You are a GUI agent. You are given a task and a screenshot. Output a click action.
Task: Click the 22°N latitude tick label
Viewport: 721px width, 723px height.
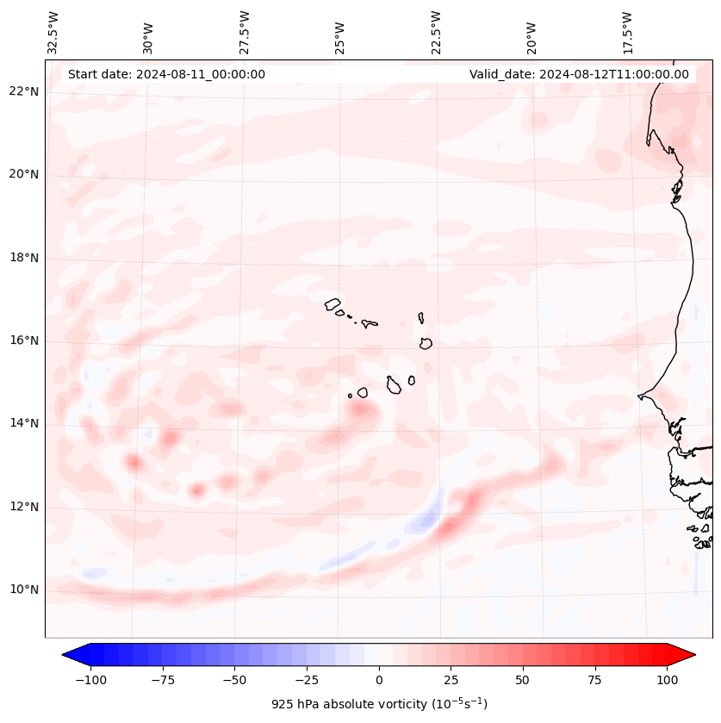pyautogui.click(x=25, y=92)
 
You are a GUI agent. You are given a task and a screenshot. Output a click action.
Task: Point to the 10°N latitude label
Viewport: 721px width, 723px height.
pyautogui.click(x=25, y=589)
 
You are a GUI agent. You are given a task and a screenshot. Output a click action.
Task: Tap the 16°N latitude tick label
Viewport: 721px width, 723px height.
pyautogui.click(x=25, y=341)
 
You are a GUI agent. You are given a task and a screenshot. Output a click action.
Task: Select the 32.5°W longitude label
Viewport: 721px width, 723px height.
pyautogui.click(x=53, y=32)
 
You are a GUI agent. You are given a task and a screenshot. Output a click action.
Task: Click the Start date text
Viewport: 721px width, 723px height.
pyautogui.click(x=166, y=74)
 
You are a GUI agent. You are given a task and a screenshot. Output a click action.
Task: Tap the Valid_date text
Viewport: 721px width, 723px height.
pyautogui.click(x=579, y=74)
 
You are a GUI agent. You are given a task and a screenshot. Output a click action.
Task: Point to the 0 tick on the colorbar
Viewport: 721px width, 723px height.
pyautogui.click(x=379, y=680)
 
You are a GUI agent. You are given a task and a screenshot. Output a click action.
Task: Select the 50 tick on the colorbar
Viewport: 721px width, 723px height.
pyautogui.click(x=523, y=680)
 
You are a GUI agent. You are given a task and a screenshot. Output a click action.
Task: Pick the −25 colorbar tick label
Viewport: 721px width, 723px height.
pyautogui.click(x=307, y=680)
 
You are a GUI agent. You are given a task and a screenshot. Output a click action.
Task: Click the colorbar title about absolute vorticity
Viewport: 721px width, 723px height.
pyautogui.click(x=379, y=704)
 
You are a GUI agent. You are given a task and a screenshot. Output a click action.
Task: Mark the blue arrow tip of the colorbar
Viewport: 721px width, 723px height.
pyautogui.click(x=69, y=655)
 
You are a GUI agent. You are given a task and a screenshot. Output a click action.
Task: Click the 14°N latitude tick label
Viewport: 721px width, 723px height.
pyautogui.click(x=25, y=424)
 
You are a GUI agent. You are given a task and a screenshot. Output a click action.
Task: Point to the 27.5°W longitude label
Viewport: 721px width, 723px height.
pyautogui.click(x=245, y=32)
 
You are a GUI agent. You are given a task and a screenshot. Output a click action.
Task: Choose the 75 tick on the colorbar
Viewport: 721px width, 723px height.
pyautogui.click(x=594, y=680)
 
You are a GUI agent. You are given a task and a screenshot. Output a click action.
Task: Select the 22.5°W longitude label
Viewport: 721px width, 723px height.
pyautogui.click(x=436, y=32)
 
